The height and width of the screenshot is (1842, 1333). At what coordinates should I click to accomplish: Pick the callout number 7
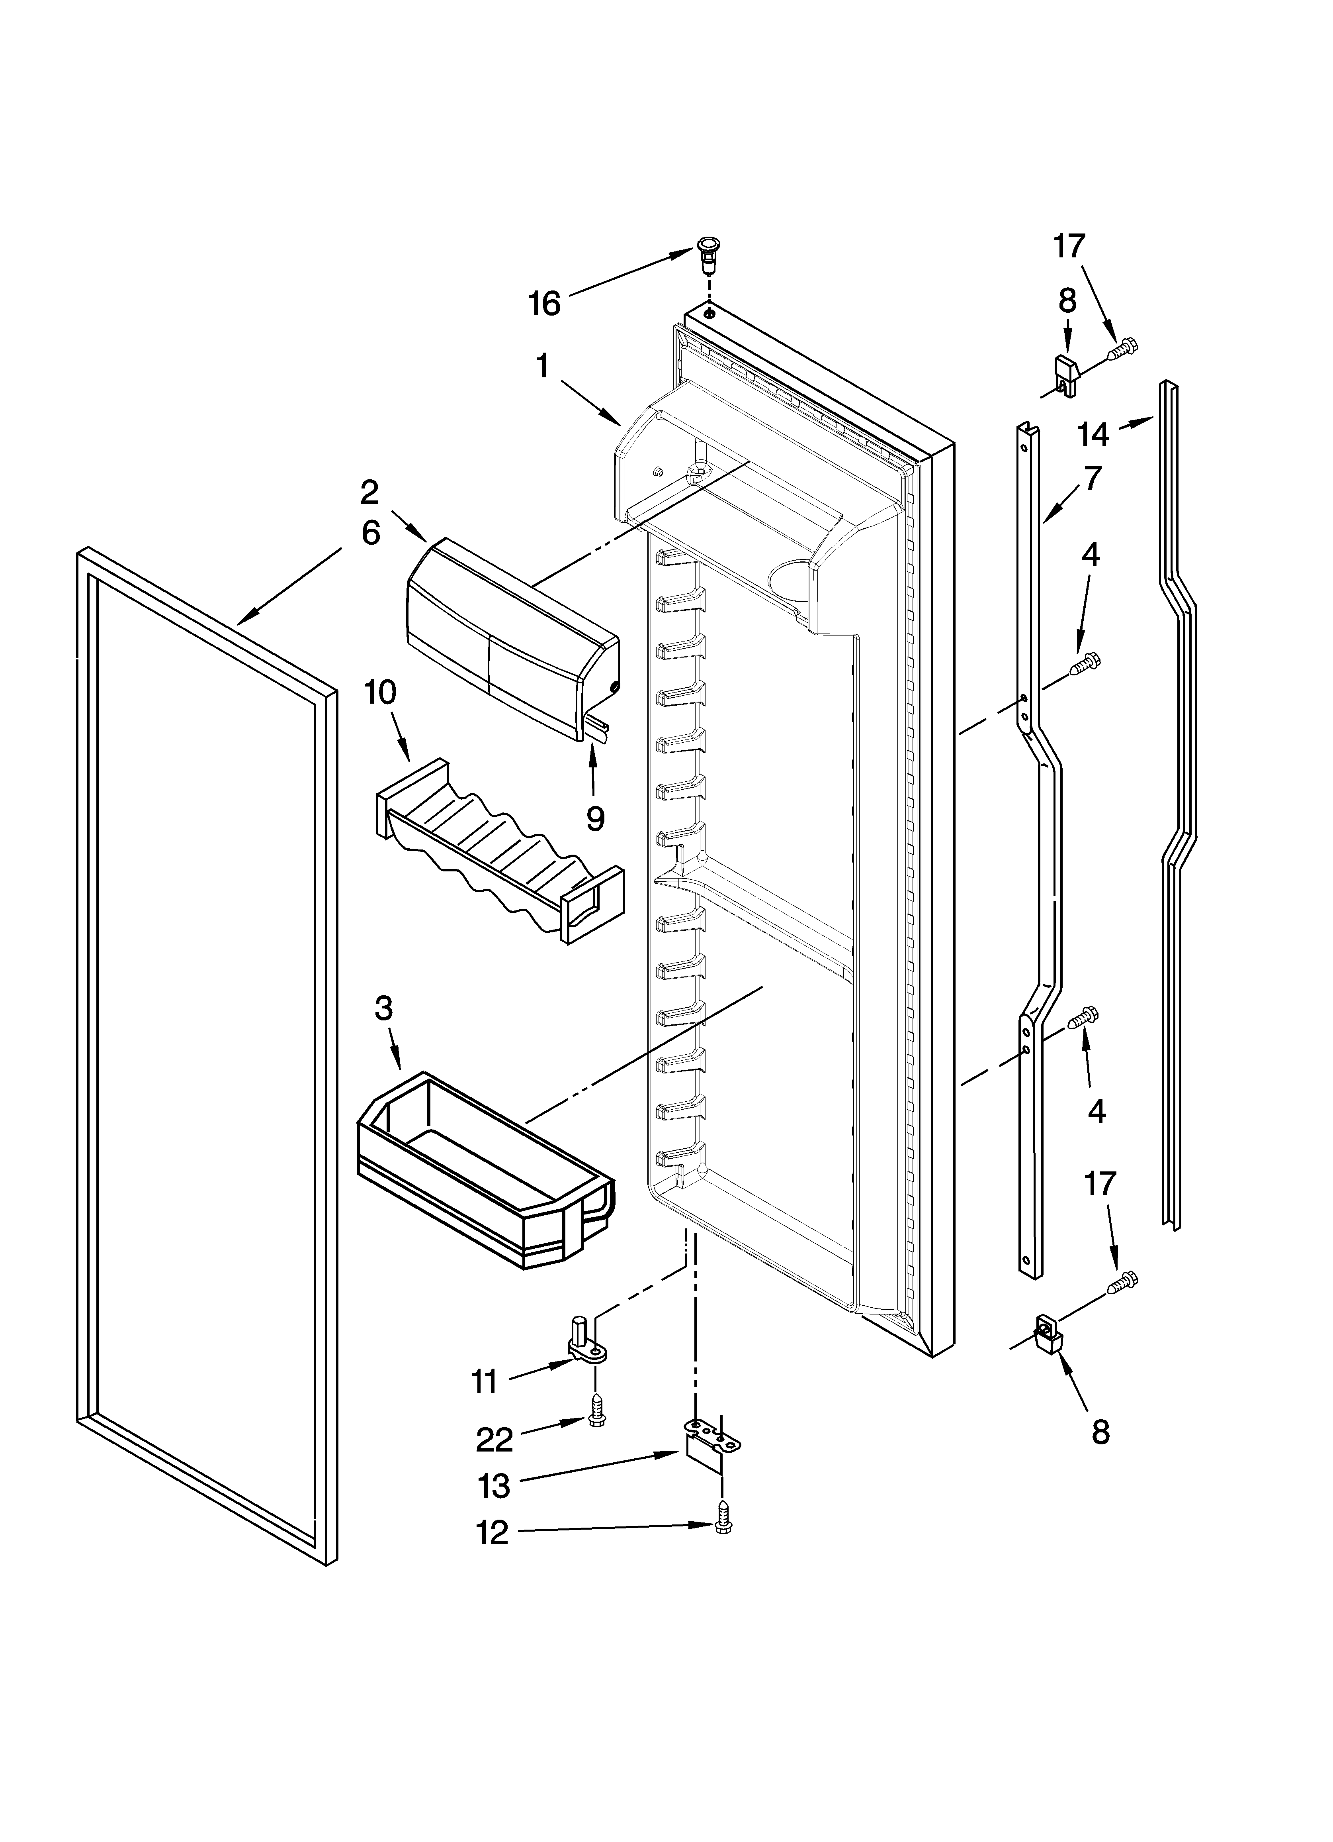coord(1093,479)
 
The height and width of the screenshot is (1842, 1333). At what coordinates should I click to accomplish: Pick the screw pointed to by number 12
coord(723,1528)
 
